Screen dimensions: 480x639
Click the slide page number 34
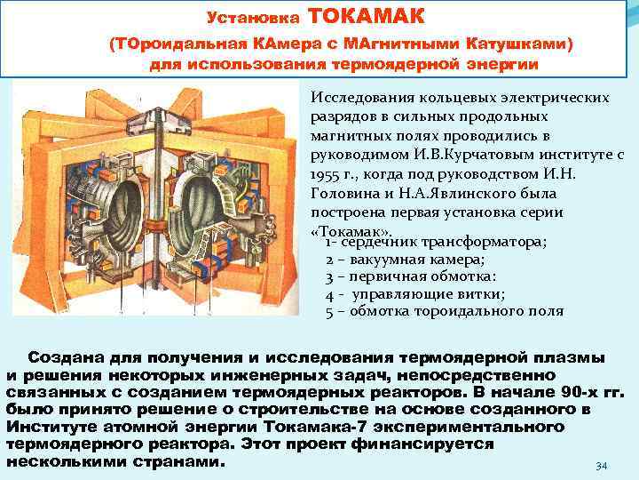pos(601,466)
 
